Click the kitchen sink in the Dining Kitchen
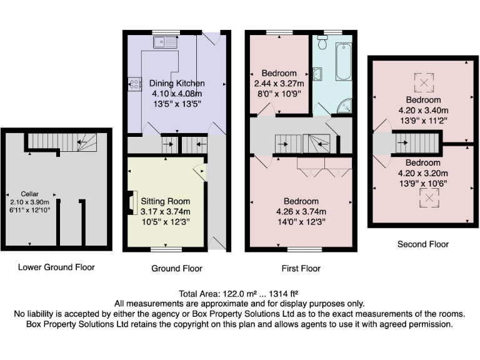coord(166,42)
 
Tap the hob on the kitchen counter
coord(134,83)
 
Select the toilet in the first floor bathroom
coord(323,42)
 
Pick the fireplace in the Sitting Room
coord(131,202)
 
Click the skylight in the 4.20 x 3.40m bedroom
coord(424,81)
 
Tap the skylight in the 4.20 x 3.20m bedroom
coord(427,198)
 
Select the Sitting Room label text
coord(165,201)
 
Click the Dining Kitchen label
coord(177,83)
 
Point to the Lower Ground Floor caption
coord(56,267)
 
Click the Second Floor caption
coord(423,244)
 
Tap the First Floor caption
coord(301,269)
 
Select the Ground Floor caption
coord(177,269)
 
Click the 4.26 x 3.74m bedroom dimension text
coord(301,212)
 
